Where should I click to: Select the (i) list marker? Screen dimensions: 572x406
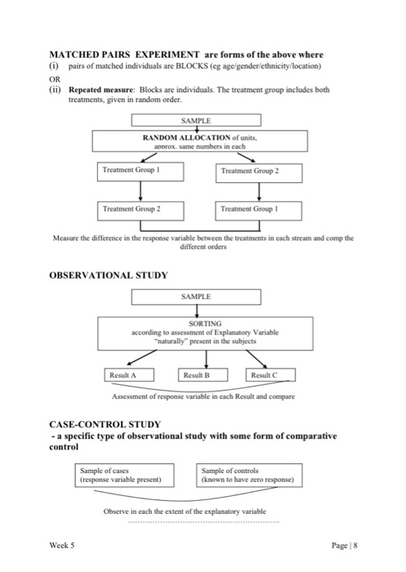(55, 65)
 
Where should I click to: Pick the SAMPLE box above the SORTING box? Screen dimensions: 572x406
(195, 297)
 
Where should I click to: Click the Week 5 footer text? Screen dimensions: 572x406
(61, 543)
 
